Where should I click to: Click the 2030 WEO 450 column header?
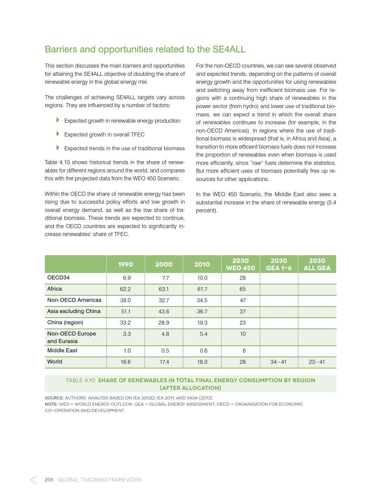click(x=240, y=264)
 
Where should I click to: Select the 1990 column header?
click(x=125, y=264)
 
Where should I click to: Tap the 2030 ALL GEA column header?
click(x=317, y=264)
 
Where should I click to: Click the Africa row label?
click(x=54, y=289)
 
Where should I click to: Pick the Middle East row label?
click(x=62, y=351)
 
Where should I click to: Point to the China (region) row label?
click(x=65, y=323)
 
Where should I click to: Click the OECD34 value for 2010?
click(x=202, y=278)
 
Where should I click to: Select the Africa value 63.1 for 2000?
click(x=163, y=289)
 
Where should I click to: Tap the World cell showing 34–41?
click(x=278, y=362)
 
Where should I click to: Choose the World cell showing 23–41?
click(x=316, y=362)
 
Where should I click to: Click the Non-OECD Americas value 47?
click(x=243, y=300)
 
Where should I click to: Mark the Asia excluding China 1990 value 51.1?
click(x=126, y=311)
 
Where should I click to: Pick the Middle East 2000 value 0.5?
click(x=165, y=351)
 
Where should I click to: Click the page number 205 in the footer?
click(x=49, y=480)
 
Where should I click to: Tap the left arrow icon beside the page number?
click(x=33, y=480)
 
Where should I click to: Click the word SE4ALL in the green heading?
click(x=229, y=49)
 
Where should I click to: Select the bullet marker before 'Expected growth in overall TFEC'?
click(x=58, y=134)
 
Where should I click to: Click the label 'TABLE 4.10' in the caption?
click(x=80, y=380)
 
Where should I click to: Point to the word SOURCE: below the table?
click(x=54, y=398)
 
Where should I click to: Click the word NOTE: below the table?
click(x=51, y=404)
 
